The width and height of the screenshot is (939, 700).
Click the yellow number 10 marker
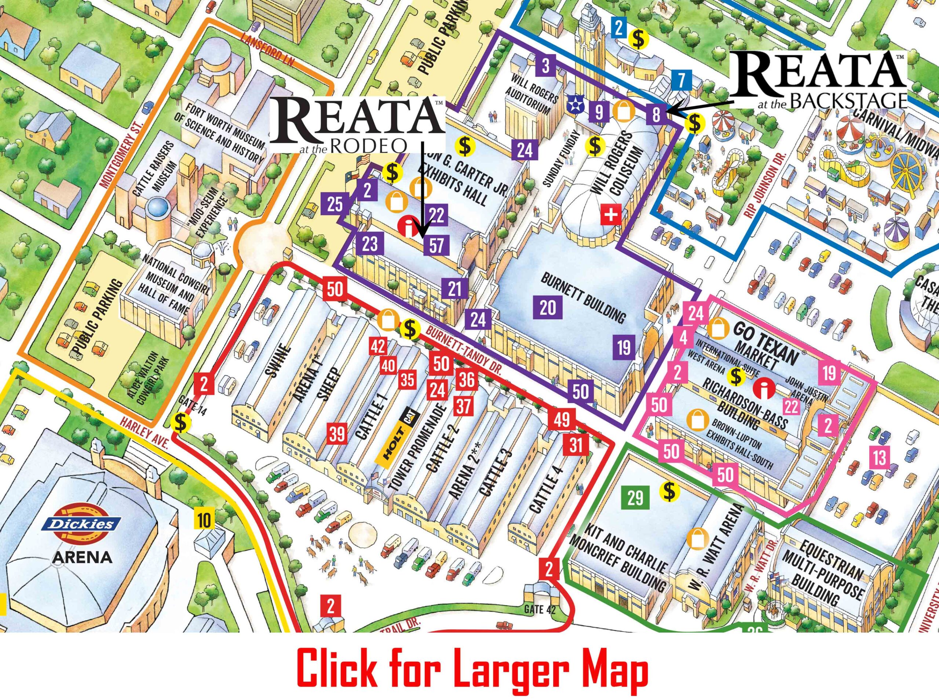pyautogui.click(x=204, y=521)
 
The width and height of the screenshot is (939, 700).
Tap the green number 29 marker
pyautogui.click(x=635, y=498)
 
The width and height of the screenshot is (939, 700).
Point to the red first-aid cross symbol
pyautogui.click(x=611, y=215)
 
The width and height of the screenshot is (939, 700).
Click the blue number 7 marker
pyautogui.click(x=681, y=81)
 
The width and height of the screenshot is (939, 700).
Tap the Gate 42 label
pyautogui.click(x=540, y=609)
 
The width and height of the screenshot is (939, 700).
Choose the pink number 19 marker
pyautogui.click(x=829, y=373)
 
